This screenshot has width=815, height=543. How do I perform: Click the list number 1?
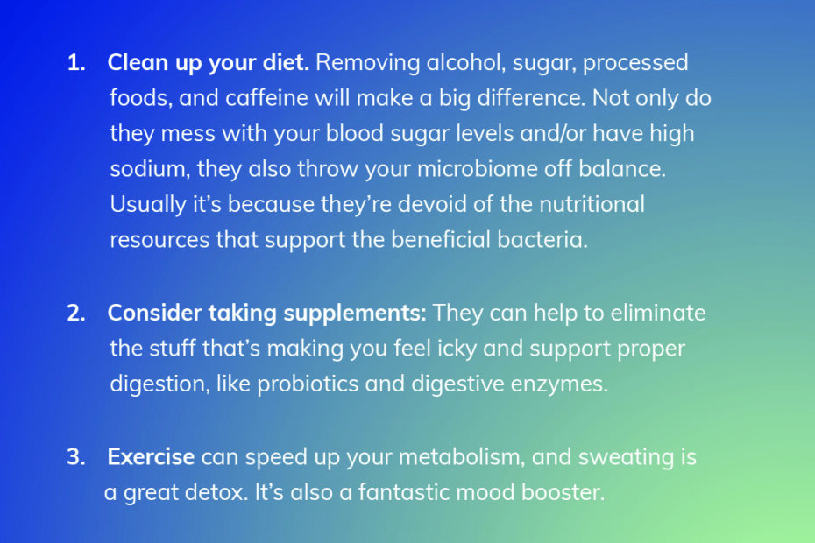point(76,63)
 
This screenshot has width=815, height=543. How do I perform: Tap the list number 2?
point(76,314)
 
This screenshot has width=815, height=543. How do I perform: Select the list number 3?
point(76,457)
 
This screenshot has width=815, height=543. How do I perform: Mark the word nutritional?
point(592,204)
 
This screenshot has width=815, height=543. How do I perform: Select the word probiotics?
point(308,384)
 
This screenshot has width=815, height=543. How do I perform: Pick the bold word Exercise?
point(151,457)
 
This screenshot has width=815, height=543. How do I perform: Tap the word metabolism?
point(462,457)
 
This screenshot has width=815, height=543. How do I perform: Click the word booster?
point(563,492)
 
